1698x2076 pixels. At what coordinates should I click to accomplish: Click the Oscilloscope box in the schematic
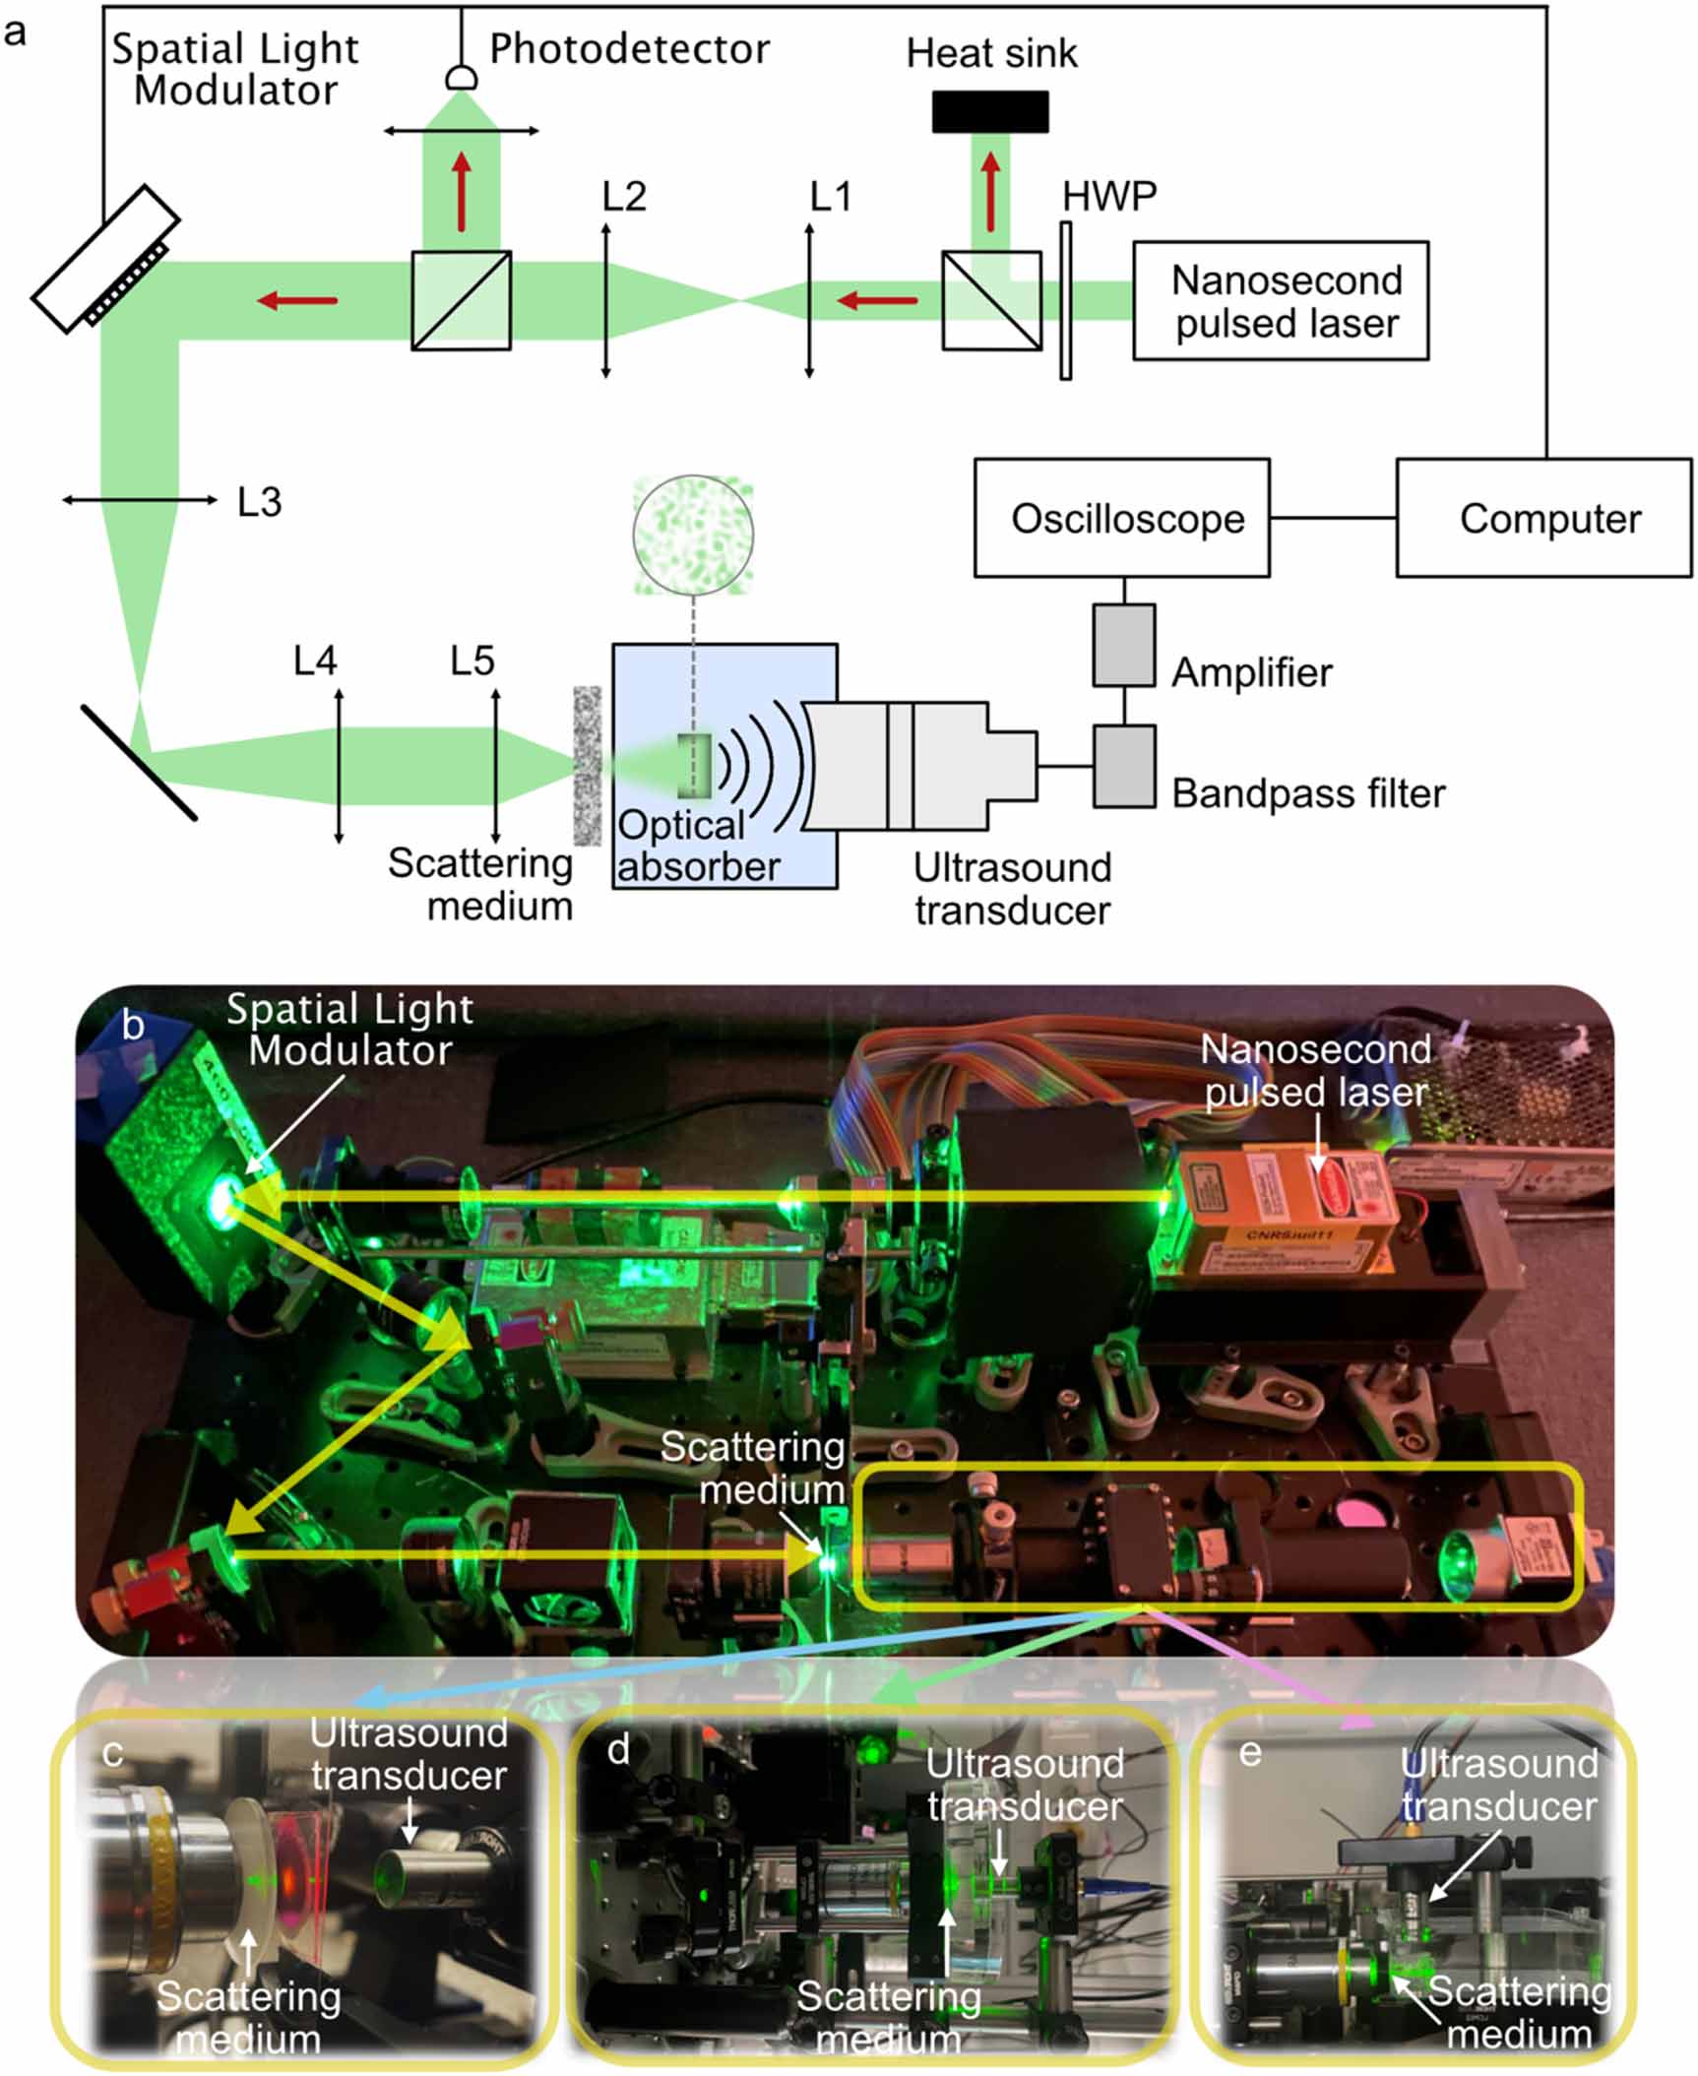pyautogui.click(x=1121, y=518)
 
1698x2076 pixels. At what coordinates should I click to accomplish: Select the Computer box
pyautogui.click(x=1542, y=518)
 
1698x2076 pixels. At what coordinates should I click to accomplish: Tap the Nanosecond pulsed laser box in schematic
pyautogui.click(x=1280, y=301)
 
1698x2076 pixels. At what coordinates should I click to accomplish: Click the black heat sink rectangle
pyautogui.click(x=989, y=111)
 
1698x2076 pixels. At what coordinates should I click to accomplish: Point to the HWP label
pyautogui.click(x=1108, y=197)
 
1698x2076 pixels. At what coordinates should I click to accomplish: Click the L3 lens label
pyautogui.click(x=259, y=502)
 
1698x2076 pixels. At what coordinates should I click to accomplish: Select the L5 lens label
pyautogui.click(x=472, y=661)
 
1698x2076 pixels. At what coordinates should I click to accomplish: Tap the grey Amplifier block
pyautogui.click(x=1123, y=645)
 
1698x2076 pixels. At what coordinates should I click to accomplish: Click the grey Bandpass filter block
pyautogui.click(x=1123, y=767)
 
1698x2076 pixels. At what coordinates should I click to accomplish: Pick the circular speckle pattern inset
pyautogui.click(x=693, y=535)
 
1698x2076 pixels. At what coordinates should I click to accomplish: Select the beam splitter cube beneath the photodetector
pyautogui.click(x=461, y=300)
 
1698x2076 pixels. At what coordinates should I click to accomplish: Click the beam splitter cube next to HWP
pyautogui.click(x=990, y=300)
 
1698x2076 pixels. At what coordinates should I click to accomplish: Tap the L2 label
pyautogui.click(x=623, y=197)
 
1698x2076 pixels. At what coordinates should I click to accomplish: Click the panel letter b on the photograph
pyautogui.click(x=132, y=1026)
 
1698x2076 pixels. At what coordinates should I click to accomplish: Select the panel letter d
pyautogui.click(x=618, y=1750)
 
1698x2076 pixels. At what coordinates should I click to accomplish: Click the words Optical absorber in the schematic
pyautogui.click(x=697, y=846)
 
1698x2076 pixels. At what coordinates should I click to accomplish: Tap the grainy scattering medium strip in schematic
pyautogui.click(x=587, y=765)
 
